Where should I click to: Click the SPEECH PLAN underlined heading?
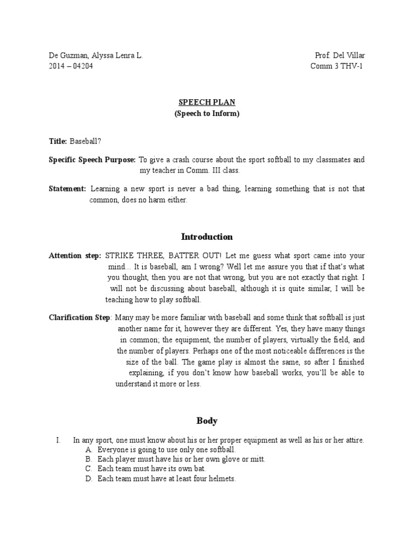pos(207,102)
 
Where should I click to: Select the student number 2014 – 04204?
pos(71,66)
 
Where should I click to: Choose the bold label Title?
pos(58,141)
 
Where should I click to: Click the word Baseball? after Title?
pos(85,141)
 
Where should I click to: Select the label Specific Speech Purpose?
pos(92,160)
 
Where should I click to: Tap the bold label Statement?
pos(67,189)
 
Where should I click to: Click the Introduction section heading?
pos(207,237)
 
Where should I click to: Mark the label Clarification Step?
pos(79,318)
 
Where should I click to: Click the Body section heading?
pos(207,420)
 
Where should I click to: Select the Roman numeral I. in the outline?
pos(58,440)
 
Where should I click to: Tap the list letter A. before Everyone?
pos(89,450)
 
